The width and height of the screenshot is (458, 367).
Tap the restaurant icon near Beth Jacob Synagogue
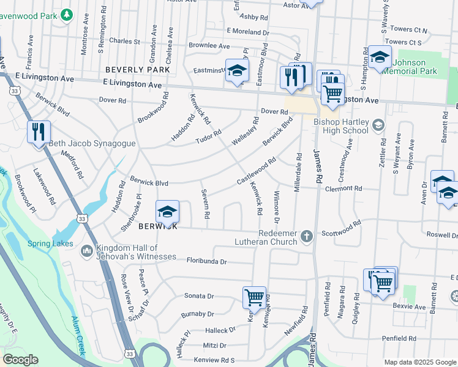pyautogui.click(x=39, y=132)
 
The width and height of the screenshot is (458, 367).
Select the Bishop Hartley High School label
pyautogui.click(x=340, y=126)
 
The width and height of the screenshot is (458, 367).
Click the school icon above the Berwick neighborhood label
pyautogui.click(x=167, y=212)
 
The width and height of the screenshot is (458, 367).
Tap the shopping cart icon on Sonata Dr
pyautogui.click(x=254, y=298)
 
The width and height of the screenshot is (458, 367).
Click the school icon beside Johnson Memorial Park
pyautogui.click(x=380, y=57)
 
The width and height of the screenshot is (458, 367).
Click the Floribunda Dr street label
pyautogui.click(x=206, y=261)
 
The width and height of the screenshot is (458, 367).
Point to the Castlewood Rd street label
pyautogui.click(x=256, y=171)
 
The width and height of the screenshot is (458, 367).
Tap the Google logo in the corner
pyautogui.click(x=20, y=360)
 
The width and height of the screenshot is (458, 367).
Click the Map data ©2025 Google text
pyautogui.click(x=419, y=362)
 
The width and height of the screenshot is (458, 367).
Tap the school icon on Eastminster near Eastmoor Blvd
pyautogui.click(x=237, y=71)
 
